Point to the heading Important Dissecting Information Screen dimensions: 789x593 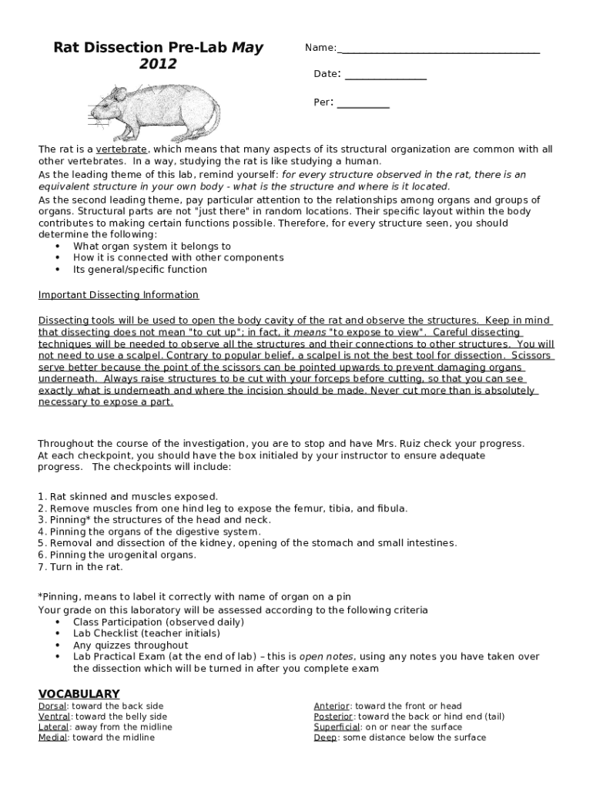(x=119, y=295)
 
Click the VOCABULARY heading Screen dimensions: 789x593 (x=79, y=693)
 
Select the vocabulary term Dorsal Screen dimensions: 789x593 (x=52, y=706)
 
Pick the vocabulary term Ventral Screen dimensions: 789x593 (x=54, y=717)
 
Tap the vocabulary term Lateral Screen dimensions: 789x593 (x=54, y=727)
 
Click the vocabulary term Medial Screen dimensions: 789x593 (x=53, y=737)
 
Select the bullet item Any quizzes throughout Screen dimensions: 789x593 (x=130, y=645)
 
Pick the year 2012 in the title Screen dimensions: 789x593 (x=157, y=64)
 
